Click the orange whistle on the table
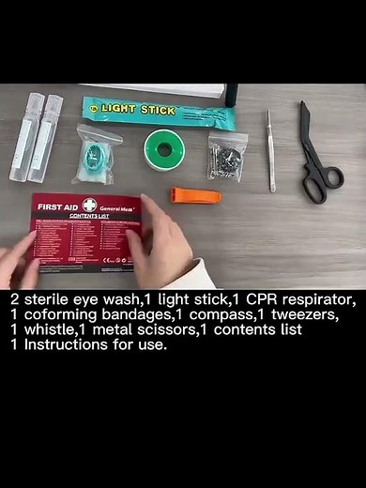click(x=195, y=195)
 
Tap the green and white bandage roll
click(x=162, y=149)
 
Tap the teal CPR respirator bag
click(x=97, y=155)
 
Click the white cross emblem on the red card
click(x=89, y=205)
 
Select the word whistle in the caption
click(x=34, y=329)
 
